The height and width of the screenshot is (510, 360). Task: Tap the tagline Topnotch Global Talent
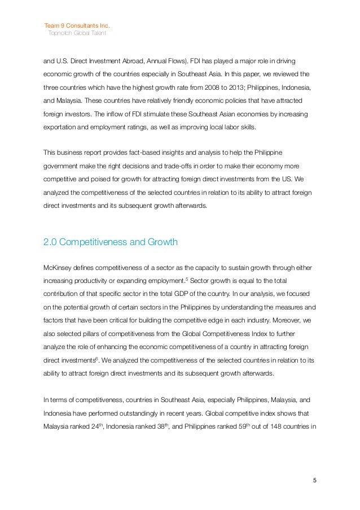pos(77,33)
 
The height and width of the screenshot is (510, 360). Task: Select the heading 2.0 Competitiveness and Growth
pos(111,243)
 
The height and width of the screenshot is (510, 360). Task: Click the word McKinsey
pos(58,267)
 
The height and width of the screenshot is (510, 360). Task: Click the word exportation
pos(63,128)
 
